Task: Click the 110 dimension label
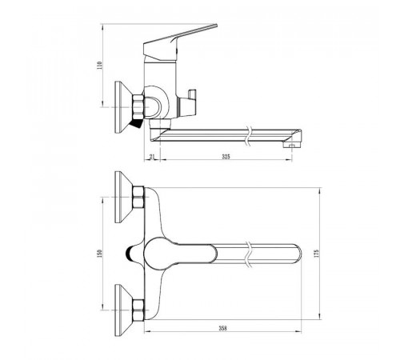(100, 66)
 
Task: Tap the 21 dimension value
(152, 157)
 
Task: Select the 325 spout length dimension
(226, 157)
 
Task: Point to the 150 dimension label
(99, 254)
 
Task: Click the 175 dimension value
(317, 254)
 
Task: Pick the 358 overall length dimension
(222, 329)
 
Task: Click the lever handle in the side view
(180, 42)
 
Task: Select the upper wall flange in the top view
(124, 197)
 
